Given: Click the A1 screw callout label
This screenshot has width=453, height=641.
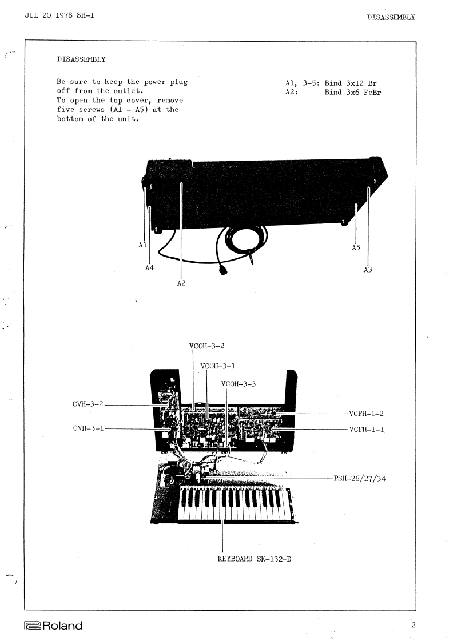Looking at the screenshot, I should point(143,245).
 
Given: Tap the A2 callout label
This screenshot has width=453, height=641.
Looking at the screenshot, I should point(181,283).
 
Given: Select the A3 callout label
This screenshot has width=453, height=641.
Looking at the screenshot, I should point(368,270).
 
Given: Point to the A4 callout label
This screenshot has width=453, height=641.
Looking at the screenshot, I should point(149,268).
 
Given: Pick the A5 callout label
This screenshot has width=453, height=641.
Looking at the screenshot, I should point(356,248).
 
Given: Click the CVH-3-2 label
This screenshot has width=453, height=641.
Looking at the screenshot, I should point(88,405).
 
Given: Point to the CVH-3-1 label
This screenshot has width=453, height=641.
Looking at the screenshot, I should point(88,428).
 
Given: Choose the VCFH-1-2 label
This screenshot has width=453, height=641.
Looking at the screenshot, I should point(366,413).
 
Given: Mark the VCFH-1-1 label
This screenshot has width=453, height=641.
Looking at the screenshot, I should point(366,429).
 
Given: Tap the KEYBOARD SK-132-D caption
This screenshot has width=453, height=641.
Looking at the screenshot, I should point(255,558).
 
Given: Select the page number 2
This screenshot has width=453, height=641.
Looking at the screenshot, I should point(414,626).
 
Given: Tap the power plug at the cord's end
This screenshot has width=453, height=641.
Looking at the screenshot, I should point(223,270).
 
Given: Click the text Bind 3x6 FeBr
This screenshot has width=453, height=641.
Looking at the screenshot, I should point(352,92).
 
